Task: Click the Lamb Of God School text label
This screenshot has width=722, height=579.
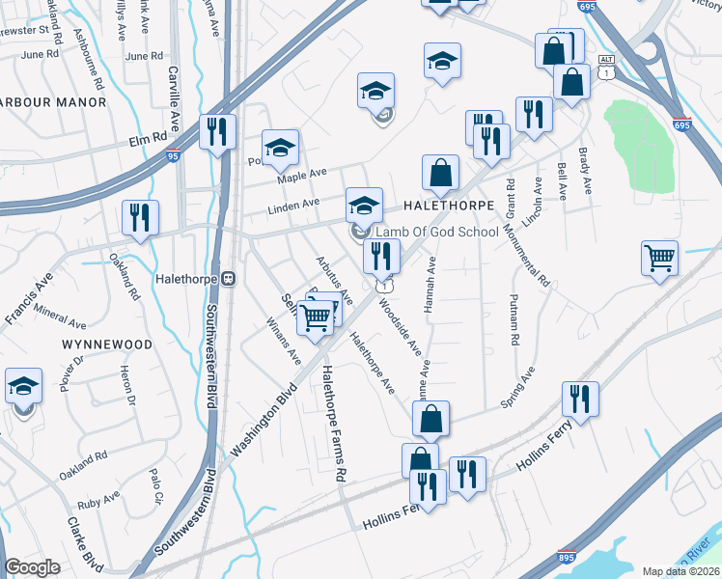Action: (437, 232)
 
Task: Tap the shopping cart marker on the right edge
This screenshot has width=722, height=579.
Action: (660, 258)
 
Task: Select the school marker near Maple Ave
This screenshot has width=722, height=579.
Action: (280, 147)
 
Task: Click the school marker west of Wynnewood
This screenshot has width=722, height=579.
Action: (23, 387)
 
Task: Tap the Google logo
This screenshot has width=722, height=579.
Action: (32, 567)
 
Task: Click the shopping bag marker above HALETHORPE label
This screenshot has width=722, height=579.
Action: (440, 175)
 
